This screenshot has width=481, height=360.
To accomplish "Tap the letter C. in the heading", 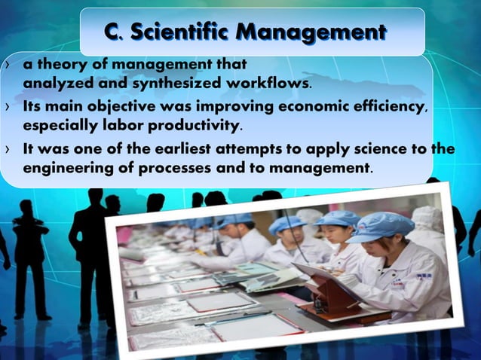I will coord(113,32).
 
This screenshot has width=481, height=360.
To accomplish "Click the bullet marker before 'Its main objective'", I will coord(8,108).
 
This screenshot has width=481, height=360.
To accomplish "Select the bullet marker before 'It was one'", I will coord(8,149).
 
